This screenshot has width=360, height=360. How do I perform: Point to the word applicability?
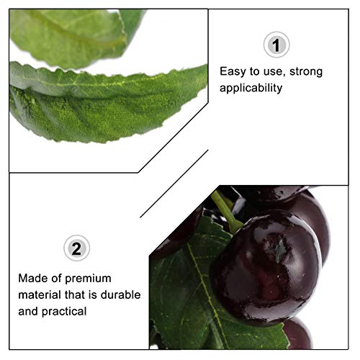pos(251,88)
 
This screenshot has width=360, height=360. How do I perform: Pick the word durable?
pos(123,294)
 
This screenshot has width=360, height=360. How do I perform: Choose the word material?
pos(40,294)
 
